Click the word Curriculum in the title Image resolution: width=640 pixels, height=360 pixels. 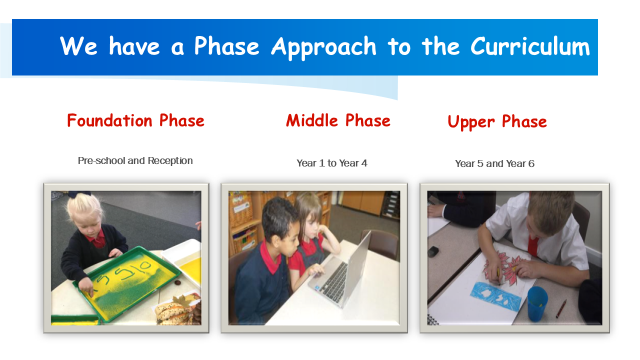[x=530, y=46]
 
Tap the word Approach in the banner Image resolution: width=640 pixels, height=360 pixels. [x=323, y=47]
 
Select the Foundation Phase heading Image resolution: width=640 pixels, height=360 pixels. [x=135, y=120]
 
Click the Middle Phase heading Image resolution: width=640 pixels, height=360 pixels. [x=338, y=120]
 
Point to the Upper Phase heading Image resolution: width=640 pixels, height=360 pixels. [x=497, y=122]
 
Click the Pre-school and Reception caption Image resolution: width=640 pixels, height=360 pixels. [x=135, y=160]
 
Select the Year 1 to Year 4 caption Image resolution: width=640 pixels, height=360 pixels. [x=331, y=163]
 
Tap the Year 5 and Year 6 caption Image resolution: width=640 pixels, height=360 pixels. [x=494, y=163]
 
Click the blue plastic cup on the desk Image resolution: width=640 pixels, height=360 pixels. [x=537, y=303]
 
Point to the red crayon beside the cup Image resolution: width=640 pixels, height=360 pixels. [x=561, y=308]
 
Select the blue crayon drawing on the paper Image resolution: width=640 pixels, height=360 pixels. [x=495, y=295]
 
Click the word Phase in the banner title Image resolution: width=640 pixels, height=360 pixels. [x=226, y=46]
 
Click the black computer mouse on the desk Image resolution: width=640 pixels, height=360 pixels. [x=433, y=251]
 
